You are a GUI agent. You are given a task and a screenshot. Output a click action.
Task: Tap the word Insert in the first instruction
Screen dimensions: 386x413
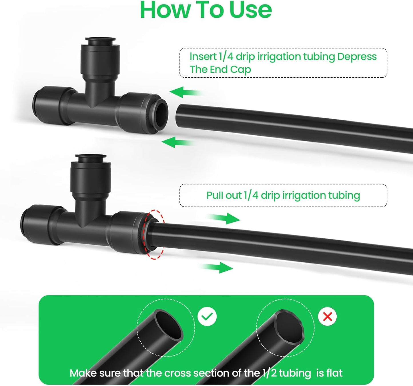tap(203, 57)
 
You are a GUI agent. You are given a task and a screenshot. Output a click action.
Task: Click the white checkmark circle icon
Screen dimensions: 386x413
tap(207, 316)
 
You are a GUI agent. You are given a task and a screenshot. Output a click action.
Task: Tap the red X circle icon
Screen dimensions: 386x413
tap(328, 316)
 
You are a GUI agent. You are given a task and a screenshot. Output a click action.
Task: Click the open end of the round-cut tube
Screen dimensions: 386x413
tap(169, 325)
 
